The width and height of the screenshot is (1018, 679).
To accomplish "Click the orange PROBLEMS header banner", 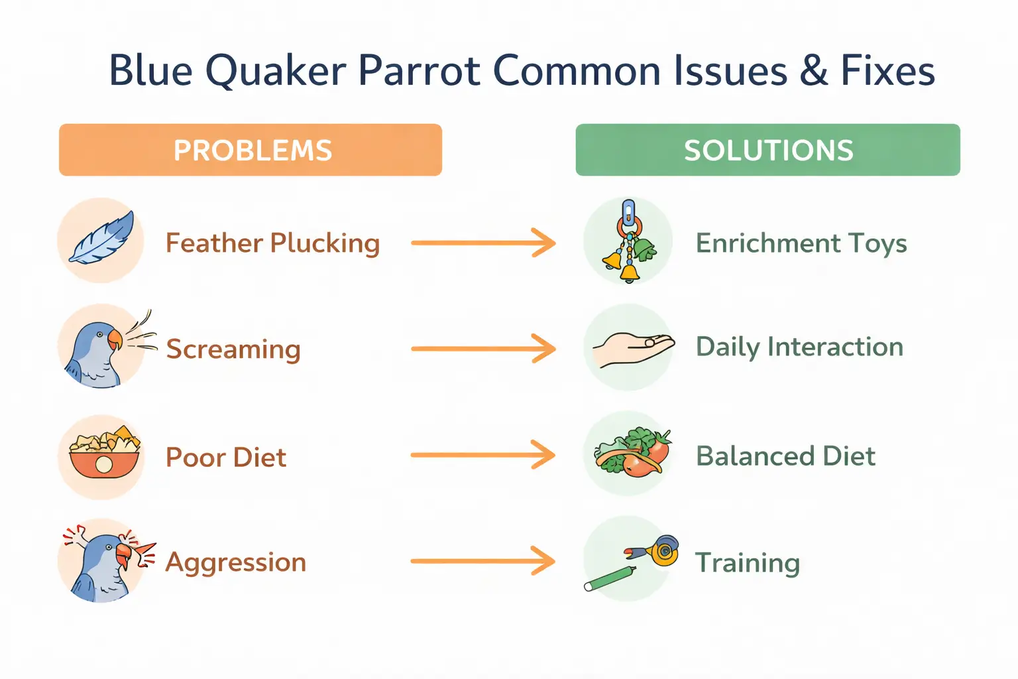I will tap(251, 150).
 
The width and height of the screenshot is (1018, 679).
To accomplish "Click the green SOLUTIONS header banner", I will tap(767, 150).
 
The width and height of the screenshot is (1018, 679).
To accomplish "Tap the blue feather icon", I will tap(102, 239).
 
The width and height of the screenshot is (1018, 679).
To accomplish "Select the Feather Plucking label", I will tap(272, 243).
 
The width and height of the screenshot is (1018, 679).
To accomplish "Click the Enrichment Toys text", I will tap(801, 243).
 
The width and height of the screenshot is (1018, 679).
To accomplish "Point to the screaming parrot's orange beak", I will tap(115, 339).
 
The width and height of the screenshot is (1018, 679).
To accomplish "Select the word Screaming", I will tap(233, 349).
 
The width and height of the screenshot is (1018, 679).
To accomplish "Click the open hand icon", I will tap(632, 347).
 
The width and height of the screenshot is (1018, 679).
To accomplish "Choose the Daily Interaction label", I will tap(799, 347).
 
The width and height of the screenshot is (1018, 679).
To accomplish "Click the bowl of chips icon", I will tap(104, 454).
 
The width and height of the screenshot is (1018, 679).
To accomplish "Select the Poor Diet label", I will tap(226, 458).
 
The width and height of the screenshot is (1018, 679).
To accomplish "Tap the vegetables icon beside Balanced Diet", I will tap(631, 452).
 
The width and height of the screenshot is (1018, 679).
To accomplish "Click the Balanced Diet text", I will tap(785, 456).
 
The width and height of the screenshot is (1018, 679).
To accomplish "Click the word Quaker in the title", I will tap(275, 71).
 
